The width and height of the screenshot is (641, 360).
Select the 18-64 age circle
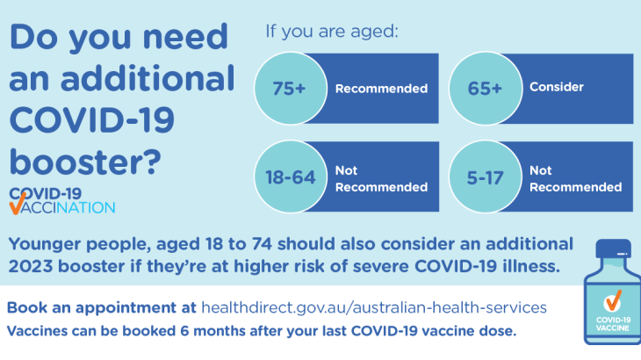[290, 177]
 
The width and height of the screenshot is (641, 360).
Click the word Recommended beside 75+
[380, 89]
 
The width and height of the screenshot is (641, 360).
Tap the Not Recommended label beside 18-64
[380, 178]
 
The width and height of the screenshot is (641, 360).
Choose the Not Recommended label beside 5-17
[575, 178]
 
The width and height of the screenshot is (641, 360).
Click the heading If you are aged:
[332, 32]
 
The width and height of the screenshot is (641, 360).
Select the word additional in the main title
[151, 79]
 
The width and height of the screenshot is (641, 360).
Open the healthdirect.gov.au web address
[374, 308]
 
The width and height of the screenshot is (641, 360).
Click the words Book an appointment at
[102, 308]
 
